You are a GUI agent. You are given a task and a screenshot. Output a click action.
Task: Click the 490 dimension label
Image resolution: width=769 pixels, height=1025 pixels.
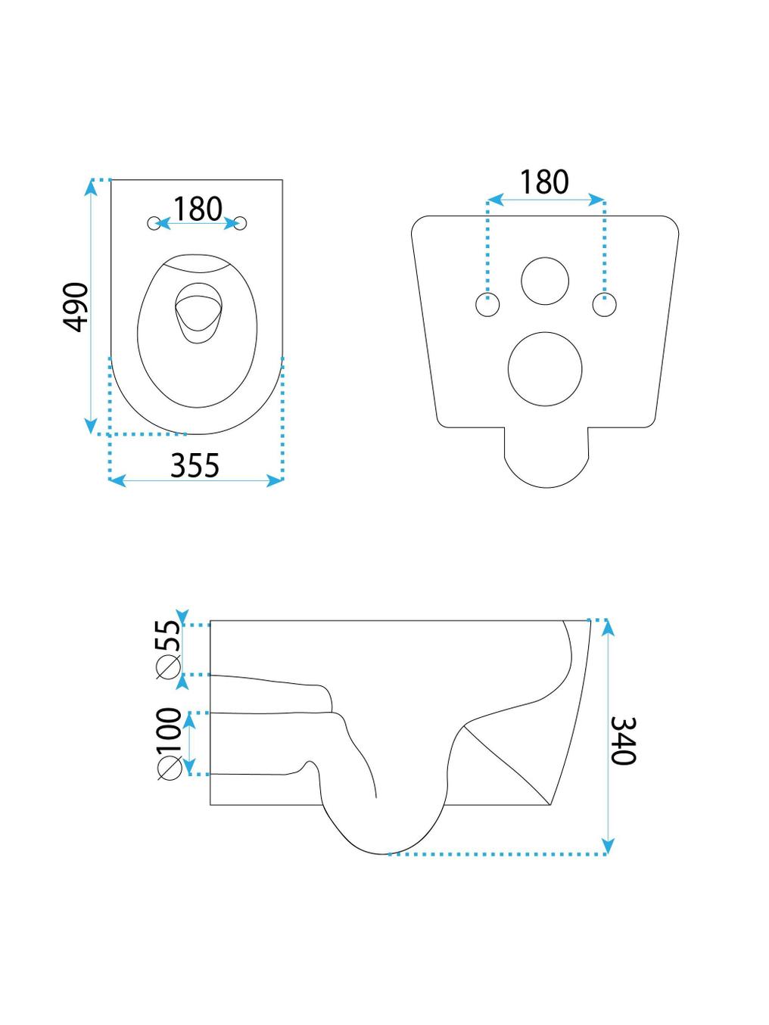[x=75, y=307]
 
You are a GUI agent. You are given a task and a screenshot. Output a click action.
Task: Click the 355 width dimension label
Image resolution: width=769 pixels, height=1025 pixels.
[x=195, y=465]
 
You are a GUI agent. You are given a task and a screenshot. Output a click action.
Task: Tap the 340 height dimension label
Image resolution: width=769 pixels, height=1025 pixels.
[x=623, y=741]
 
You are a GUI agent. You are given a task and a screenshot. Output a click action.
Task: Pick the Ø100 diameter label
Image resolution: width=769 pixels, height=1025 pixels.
[x=169, y=744]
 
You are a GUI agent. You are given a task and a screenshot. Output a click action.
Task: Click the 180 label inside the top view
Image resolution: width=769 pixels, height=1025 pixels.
[x=198, y=209]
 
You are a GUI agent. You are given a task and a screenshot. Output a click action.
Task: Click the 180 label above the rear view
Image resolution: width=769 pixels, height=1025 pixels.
[x=544, y=182]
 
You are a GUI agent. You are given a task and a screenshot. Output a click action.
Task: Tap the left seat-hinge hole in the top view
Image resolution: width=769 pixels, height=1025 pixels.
[x=153, y=224]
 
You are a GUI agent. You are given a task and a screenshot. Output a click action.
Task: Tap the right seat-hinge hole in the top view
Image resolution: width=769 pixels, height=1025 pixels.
[x=241, y=224]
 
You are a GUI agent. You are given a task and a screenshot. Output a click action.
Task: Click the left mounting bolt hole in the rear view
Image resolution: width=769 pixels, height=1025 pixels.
[x=487, y=305]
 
